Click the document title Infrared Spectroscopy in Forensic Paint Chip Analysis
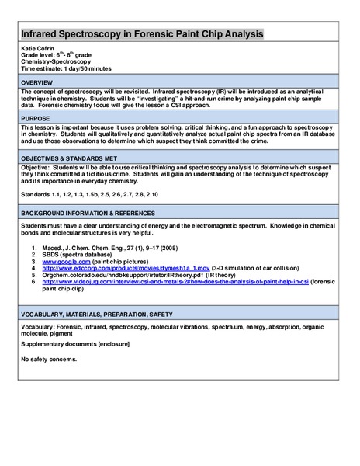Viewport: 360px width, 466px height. pyautogui.click(x=141, y=35)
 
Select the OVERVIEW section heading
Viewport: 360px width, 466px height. pyautogui.click(x=38, y=82)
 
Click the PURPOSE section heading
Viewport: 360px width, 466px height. pyautogui.click(x=36, y=118)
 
